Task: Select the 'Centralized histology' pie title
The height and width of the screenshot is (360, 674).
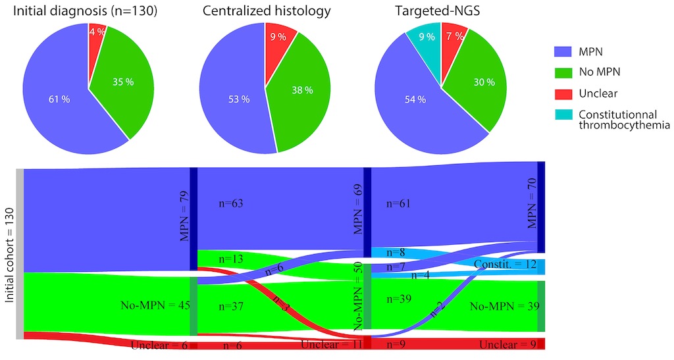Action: click(267, 11)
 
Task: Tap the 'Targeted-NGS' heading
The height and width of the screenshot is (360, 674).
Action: click(440, 11)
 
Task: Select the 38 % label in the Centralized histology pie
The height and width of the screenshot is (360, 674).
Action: click(303, 91)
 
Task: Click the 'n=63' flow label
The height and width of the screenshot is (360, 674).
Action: click(231, 204)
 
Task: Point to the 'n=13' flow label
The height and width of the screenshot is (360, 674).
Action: click(229, 259)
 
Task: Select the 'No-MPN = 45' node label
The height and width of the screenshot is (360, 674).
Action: click(154, 305)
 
